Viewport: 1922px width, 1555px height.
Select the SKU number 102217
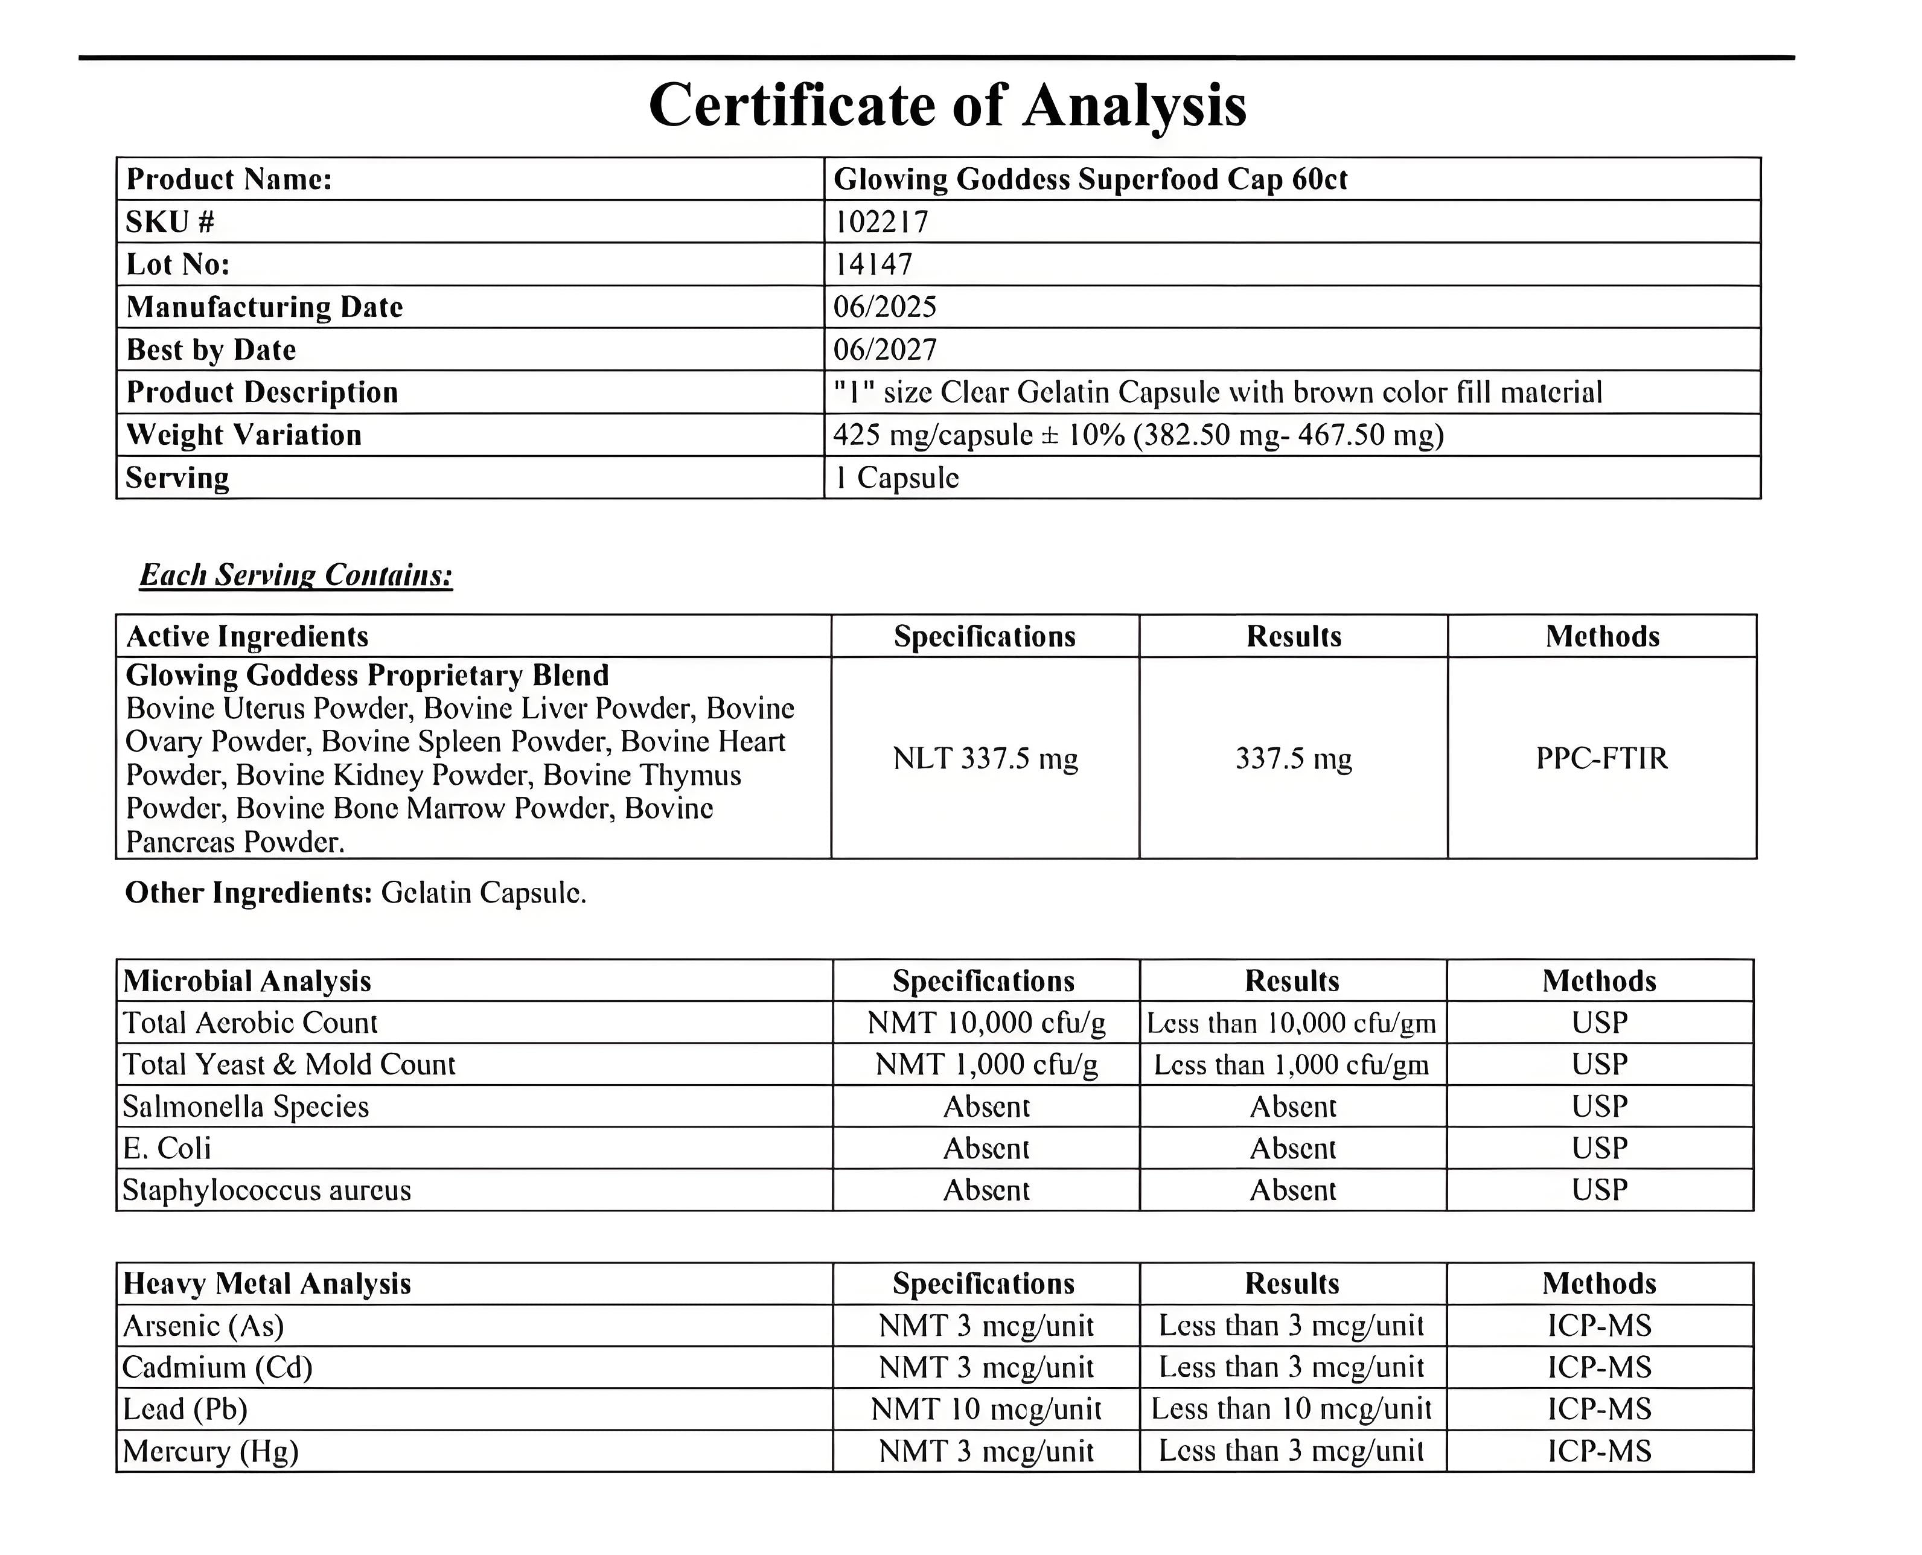click(x=881, y=222)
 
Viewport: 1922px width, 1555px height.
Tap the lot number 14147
click(x=873, y=264)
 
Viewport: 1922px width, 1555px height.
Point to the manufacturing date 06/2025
click(x=885, y=307)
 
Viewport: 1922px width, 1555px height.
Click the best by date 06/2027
click(x=885, y=350)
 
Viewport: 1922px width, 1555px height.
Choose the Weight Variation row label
click(x=244, y=435)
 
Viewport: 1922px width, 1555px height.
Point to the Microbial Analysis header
click(x=247, y=981)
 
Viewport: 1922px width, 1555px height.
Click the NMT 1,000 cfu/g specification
click(x=985, y=1064)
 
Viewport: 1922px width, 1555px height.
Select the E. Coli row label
click(x=167, y=1148)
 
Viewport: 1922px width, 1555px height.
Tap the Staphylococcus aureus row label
click(x=267, y=1190)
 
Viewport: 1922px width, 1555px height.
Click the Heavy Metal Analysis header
click(x=267, y=1283)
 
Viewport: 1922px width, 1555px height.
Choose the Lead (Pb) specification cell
click(x=985, y=1409)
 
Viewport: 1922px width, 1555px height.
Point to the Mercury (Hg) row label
click(x=211, y=1451)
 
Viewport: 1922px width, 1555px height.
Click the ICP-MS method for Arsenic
click(x=1600, y=1326)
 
